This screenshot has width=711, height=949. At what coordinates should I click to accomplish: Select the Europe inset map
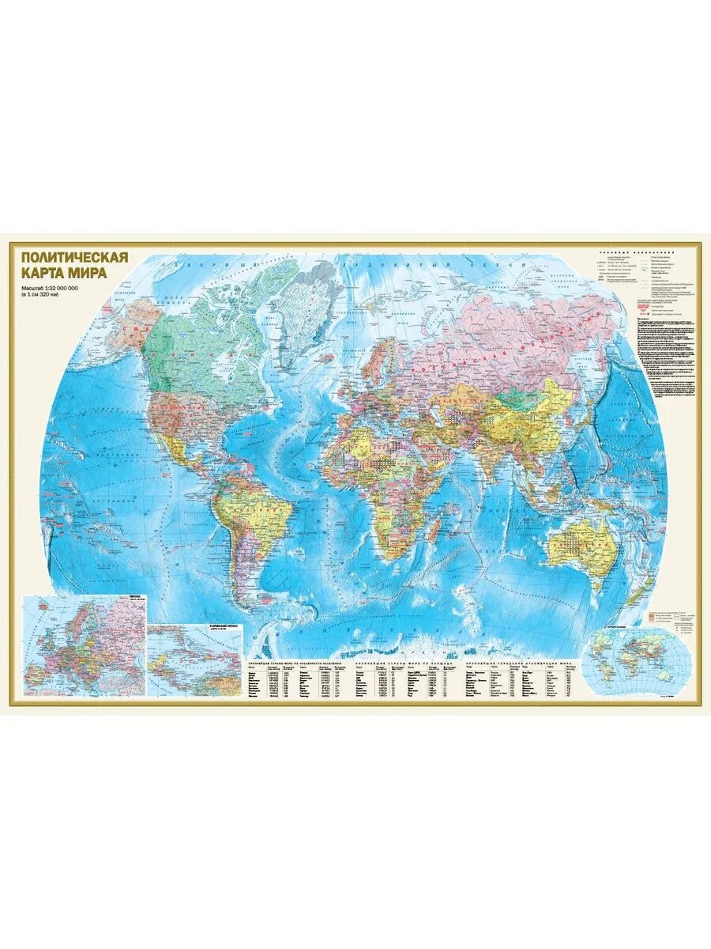[x=85, y=644]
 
